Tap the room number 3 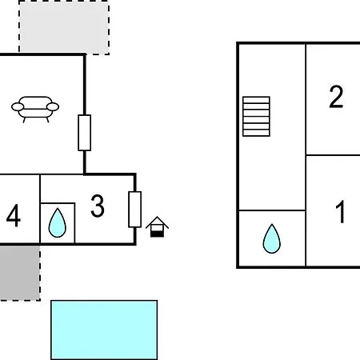(x=98, y=206)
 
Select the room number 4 (x=14, y=215)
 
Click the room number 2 (x=336, y=97)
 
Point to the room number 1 (x=341, y=212)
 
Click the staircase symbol (x=256, y=117)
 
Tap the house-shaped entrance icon (x=157, y=226)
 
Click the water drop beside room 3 (x=58, y=223)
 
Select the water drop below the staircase (x=272, y=238)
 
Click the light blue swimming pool (x=104, y=330)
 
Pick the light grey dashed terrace (x=64, y=27)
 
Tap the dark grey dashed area (x=20, y=273)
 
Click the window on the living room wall (x=85, y=133)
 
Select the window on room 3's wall (x=135, y=210)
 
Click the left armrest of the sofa (x=18, y=107)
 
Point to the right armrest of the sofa (x=53, y=107)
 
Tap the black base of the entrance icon (x=157, y=234)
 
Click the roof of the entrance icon (x=157, y=222)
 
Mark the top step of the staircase (x=256, y=100)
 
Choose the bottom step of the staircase (x=256, y=133)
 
